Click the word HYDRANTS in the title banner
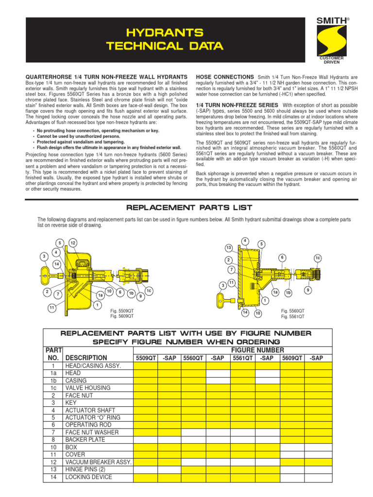tap(165, 33)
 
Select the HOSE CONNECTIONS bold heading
tap(224, 77)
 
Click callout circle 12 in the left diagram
tap(73, 243)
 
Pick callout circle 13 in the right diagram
tap(228, 248)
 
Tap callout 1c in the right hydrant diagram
tap(318, 258)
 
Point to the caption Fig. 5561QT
tap(292, 316)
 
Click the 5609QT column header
tap(292, 358)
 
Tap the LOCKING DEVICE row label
tap(89, 477)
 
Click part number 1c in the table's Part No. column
tap(53, 388)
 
